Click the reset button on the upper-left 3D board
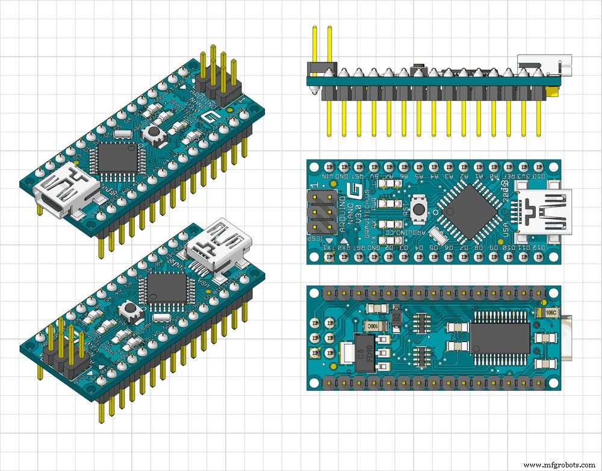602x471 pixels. pyautogui.click(x=154, y=134)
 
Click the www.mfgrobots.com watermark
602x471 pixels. pyautogui.click(x=560, y=465)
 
